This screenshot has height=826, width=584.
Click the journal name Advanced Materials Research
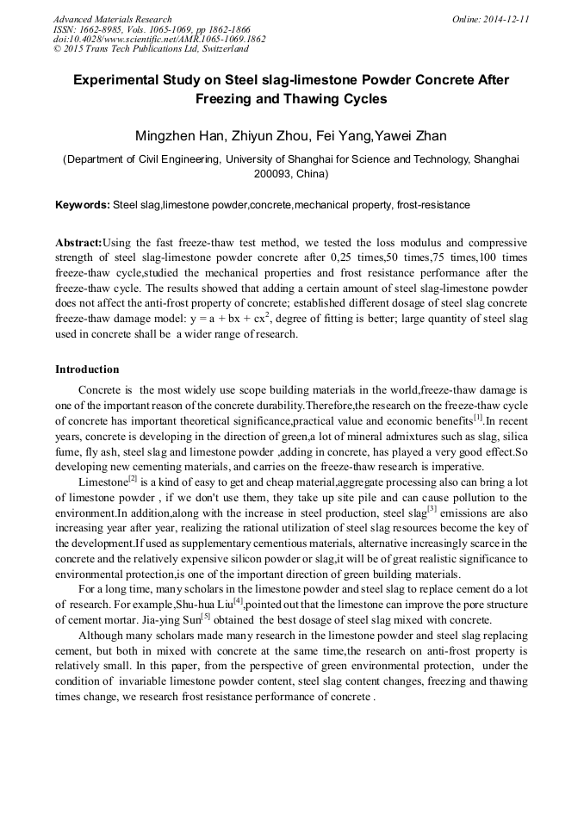coord(112,19)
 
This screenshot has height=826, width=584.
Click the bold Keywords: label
coord(83,205)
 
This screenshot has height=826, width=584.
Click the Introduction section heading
coord(87,370)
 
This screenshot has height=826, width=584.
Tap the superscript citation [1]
coord(477,418)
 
